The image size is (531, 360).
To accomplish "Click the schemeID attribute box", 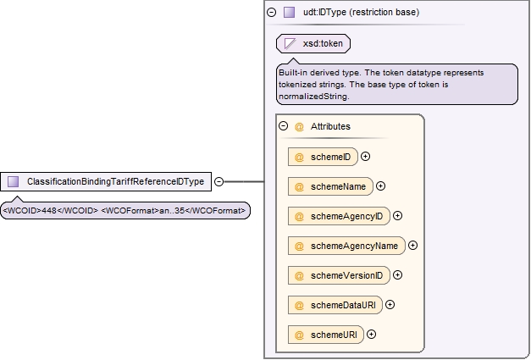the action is [x=323, y=157].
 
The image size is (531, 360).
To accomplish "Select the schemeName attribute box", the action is [x=330, y=186].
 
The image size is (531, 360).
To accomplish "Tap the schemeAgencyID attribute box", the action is [x=339, y=216].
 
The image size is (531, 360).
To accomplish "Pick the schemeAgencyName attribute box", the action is [x=346, y=246].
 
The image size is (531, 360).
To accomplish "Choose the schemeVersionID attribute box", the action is [x=339, y=275].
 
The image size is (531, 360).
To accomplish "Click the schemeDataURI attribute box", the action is [x=335, y=305].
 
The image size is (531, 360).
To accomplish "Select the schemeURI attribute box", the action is [x=326, y=335].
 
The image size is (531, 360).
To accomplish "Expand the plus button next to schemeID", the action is [x=365, y=157].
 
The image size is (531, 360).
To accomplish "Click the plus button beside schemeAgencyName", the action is [x=412, y=245].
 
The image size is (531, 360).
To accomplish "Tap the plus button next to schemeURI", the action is [x=372, y=335].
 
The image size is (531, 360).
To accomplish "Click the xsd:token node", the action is [x=313, y=44].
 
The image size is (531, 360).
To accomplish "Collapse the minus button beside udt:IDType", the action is [x=271, y=13].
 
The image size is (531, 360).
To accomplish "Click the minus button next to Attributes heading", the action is [x=284, y=126].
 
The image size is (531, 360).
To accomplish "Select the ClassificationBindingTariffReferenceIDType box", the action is [x=106, y=181].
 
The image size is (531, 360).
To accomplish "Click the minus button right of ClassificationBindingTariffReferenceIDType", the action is [x=219, y=181].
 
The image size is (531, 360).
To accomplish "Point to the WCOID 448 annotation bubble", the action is [x=125, y=211].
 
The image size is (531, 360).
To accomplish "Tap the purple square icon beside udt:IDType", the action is [x=289, y=12].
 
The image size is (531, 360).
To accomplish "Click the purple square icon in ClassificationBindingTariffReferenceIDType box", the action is [x=14, y=181].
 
